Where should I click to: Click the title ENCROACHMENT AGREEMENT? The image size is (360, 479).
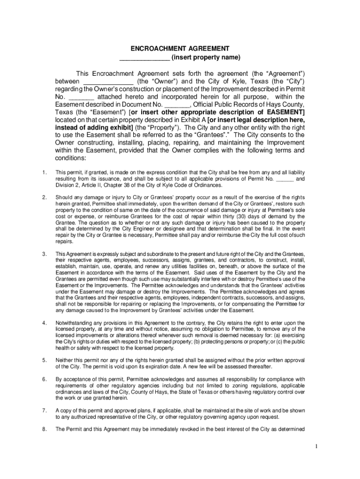[180, 49]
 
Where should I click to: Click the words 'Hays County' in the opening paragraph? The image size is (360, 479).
[285, 104]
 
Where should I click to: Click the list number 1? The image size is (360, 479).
[44, 173]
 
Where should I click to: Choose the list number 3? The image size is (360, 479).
[44, 254]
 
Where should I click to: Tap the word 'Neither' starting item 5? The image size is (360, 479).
[64, 360]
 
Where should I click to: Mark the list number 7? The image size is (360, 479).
[44, 410]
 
